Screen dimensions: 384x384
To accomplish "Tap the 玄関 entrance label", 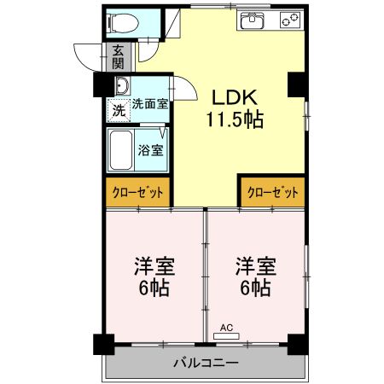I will (x=117, y=57).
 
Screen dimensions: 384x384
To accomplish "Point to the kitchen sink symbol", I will (x=254, y=20).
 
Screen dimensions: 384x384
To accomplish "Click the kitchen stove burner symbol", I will (x=289, y=20).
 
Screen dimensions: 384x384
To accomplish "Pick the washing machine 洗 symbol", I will (x=118, y=109).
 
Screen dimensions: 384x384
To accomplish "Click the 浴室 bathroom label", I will (x=151, y=150).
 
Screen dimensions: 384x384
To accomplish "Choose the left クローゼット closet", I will (x=137, y=193).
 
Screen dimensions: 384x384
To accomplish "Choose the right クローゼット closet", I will (x=272, y=193).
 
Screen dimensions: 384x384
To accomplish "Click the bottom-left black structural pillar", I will (x=102, y=345).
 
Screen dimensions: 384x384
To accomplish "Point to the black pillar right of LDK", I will (x=296, y=84).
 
